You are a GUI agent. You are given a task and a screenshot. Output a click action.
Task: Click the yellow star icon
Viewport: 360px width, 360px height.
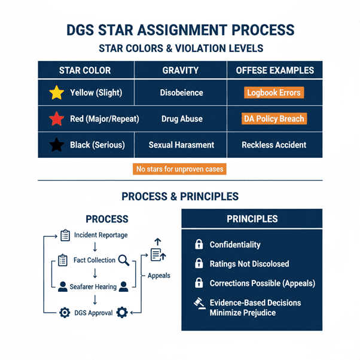tap(56, 93)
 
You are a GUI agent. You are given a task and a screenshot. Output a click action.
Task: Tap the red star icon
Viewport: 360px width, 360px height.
tap(56, 119)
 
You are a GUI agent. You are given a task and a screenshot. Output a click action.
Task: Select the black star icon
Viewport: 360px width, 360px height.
tap(56, 145)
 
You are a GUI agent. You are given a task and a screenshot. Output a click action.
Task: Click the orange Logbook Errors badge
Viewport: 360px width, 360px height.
tap(274, 93)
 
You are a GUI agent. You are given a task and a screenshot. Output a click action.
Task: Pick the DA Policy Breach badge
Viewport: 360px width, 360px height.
tap(274, 118)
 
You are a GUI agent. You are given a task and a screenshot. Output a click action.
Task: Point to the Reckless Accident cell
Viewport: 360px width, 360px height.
tap(274, 145)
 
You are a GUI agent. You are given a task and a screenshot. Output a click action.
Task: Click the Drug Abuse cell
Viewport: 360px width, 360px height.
tap(181, 119)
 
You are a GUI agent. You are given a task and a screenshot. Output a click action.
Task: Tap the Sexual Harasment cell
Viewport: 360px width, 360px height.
tap(181, 145)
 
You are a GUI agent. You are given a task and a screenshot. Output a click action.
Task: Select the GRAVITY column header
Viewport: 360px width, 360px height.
tap(181, 70)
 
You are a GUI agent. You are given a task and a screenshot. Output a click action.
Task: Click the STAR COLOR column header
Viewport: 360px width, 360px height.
tap(85, 70)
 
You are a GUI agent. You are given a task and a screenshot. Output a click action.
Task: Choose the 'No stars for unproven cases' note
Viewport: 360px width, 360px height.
tap(180, 169)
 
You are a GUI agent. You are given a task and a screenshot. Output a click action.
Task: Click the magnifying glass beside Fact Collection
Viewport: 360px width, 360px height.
tap(124, 260)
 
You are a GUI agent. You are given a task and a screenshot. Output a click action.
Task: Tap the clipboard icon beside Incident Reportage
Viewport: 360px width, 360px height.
tap(66, 235)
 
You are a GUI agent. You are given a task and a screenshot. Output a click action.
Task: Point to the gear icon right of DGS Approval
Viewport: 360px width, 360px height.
tap(123, 312)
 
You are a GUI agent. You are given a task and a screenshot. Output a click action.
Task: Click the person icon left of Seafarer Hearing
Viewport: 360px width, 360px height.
tap(63, 286)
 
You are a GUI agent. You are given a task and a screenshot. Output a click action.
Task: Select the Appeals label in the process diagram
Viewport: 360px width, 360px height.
tap(158, 276)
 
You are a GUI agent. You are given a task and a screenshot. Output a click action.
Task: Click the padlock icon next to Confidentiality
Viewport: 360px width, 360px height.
tap(198, 245)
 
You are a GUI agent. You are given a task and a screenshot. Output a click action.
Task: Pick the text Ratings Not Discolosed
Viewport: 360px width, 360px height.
tap(249, 264)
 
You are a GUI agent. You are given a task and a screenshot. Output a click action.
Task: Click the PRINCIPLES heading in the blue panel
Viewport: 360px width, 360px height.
tap(252, 219)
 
